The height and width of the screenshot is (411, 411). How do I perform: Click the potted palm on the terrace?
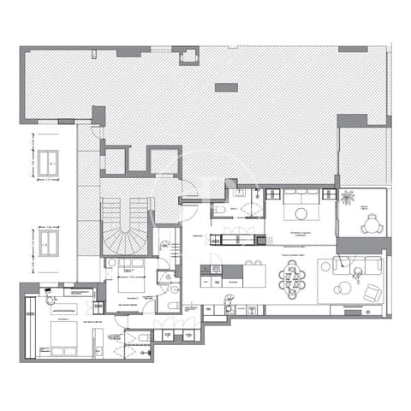coord(347,198)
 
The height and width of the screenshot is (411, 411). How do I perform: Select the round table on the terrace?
coord(369,226)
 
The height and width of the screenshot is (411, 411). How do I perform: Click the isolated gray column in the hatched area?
coord(226,87)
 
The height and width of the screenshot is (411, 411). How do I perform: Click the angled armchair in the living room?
coord(372,292)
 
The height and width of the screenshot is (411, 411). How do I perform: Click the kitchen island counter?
coord(244,275)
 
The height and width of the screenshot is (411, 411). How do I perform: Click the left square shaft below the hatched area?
coord(116,160)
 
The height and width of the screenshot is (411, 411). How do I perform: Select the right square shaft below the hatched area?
coord(164,160)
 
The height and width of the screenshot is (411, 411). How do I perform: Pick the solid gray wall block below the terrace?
coord(363,245)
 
